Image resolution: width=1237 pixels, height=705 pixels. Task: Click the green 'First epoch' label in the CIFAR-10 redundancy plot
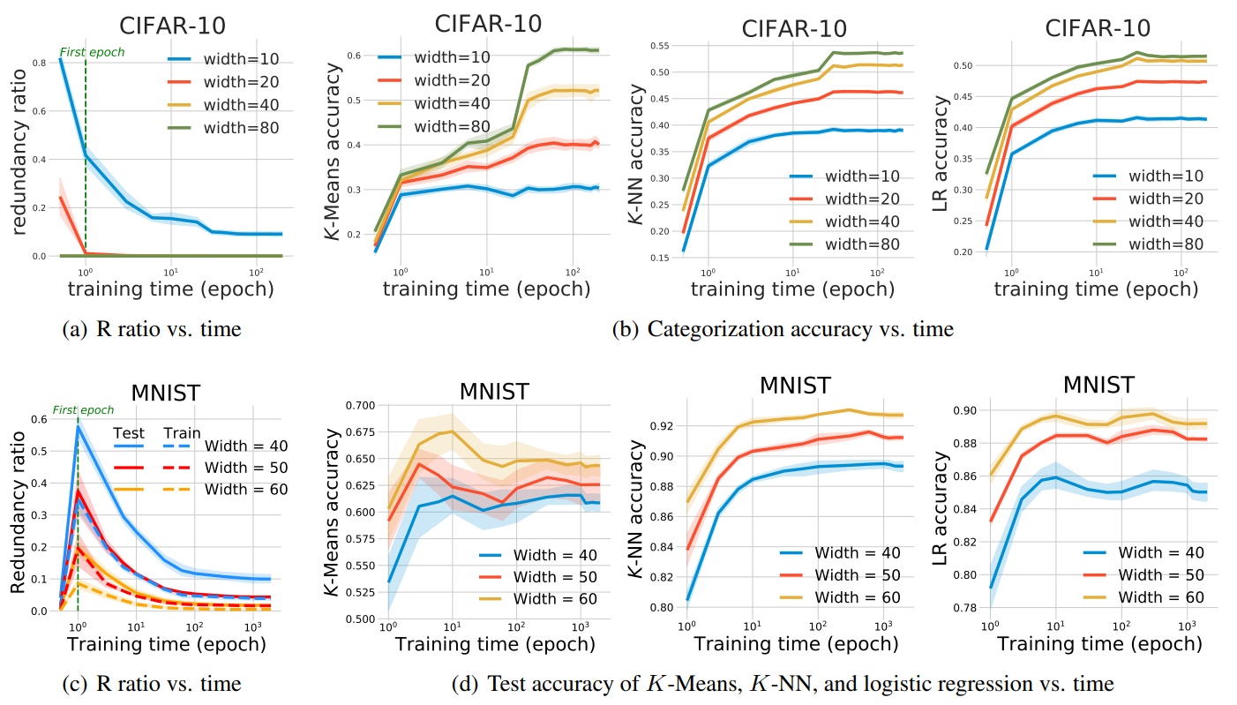pos(92,52)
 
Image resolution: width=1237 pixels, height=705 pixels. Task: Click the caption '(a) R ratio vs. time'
pos(152,330)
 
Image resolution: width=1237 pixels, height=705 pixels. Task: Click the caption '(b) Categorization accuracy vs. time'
pos(783,330)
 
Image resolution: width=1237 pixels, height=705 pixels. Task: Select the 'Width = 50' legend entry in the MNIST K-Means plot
pos(536,577)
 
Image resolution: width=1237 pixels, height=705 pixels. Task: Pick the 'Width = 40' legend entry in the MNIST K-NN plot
pos(839,553)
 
